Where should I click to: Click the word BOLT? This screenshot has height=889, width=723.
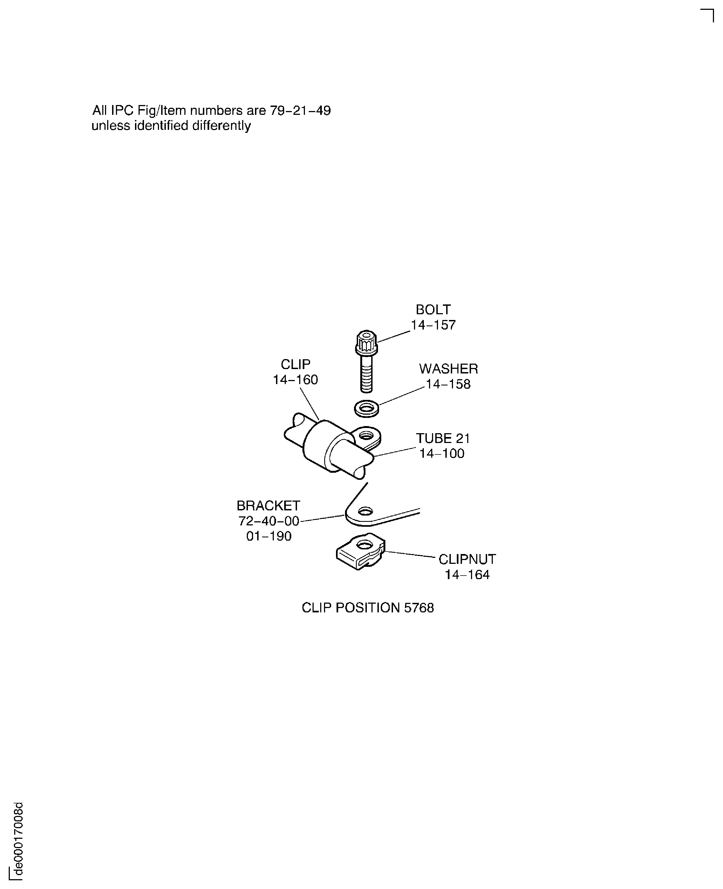tap(433, 310)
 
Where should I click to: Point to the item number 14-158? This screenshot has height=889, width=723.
tap(448, 384)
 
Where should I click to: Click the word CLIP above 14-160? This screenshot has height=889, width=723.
tap(295, 364)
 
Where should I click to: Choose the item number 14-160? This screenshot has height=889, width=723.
tap(295, 379)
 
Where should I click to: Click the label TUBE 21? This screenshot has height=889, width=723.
tap(443, 438)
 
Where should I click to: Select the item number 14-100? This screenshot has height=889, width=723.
tap(442, 453)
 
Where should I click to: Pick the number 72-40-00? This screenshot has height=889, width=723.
tap(269, 521)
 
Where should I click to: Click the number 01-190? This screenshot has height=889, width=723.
tap(269, 536)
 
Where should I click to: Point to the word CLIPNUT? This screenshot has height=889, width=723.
tap(467, 559)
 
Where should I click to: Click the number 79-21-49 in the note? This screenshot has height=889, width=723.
tap(300, 110)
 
